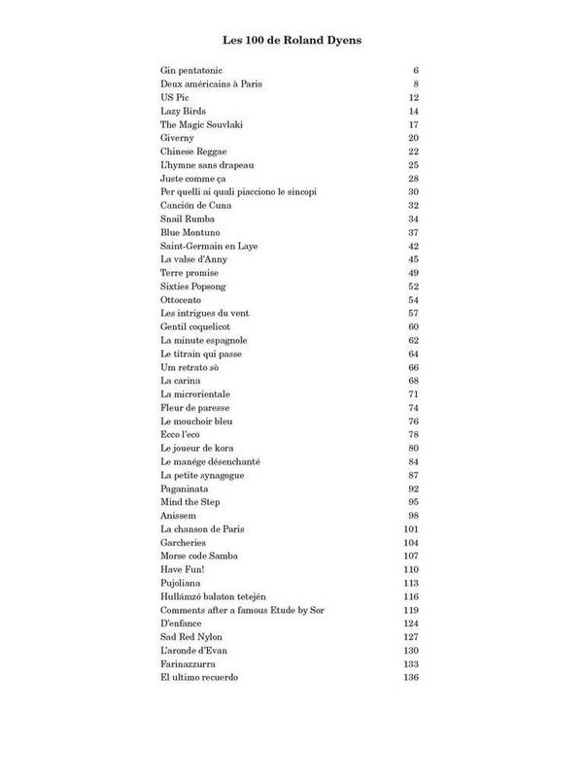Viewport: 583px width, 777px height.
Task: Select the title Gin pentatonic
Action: pos(191,72)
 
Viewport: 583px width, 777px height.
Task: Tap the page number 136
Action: pos(409,676)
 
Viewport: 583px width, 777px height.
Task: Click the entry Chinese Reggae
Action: pos(193,152)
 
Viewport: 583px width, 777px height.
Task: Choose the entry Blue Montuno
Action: pos(189,232)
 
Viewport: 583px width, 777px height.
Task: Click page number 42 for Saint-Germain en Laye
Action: pos(412,246)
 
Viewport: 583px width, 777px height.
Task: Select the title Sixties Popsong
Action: pos(193,286)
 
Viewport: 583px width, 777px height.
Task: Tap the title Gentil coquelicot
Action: pos(195,326)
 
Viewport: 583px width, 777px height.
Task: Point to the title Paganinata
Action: pos(185,489)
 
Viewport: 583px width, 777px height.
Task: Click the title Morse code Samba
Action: pos(199,556)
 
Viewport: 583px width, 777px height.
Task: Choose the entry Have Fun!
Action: pos(183,569)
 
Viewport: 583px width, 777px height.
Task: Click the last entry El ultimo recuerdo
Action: pos(199,676)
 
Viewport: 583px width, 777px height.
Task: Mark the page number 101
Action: pos(409,528)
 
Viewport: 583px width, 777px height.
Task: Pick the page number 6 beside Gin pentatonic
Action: pos(415,72)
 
